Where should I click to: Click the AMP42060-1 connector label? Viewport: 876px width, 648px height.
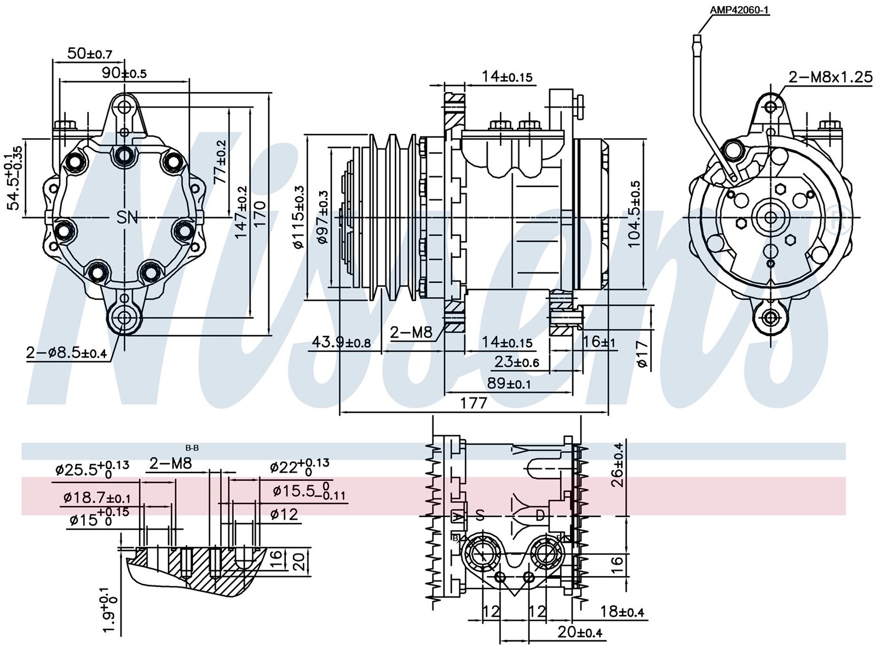740,10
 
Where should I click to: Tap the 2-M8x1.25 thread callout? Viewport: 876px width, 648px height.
830,77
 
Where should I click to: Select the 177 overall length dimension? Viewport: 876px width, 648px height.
474,403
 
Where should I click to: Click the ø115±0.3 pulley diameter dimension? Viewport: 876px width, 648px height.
299,218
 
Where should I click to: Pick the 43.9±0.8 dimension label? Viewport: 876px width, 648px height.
341,343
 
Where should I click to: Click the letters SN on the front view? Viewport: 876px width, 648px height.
127,217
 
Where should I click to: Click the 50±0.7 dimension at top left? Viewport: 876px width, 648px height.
89,54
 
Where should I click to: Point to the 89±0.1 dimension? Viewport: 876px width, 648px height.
509,384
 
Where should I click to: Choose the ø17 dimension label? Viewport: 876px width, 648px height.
643,355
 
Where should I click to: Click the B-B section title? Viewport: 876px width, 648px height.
192,448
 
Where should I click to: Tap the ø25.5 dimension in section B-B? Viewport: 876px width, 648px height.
92,469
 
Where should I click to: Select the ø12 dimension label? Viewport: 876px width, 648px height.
284,514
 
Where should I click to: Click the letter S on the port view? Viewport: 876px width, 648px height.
480,515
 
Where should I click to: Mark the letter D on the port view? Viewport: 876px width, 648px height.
540,516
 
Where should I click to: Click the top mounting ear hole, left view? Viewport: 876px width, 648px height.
124,107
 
